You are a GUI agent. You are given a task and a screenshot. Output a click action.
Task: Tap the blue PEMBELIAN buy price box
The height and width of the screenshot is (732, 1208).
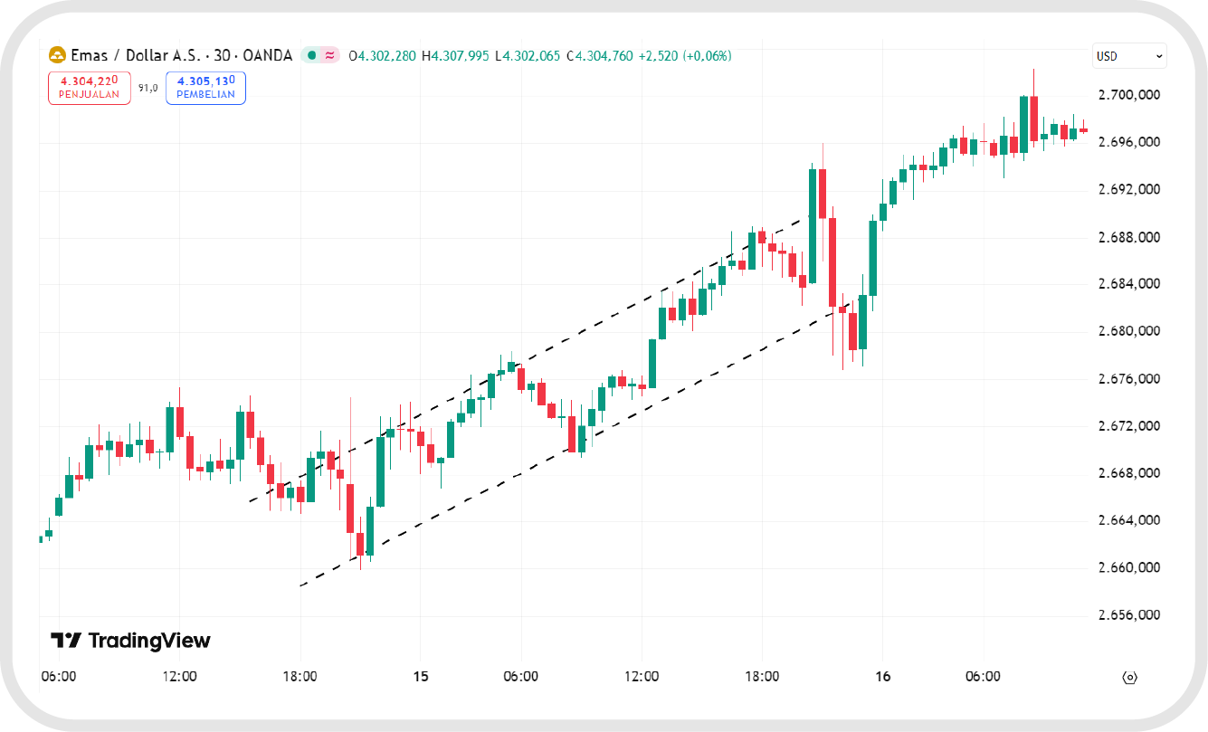point(205,87)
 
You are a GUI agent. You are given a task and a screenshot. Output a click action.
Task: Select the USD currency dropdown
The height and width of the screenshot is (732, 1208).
point(1128,56)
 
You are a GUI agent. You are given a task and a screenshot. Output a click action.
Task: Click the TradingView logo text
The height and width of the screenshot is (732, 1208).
point(131,641)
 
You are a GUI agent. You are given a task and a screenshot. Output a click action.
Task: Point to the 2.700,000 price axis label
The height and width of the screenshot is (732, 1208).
point(1127,95)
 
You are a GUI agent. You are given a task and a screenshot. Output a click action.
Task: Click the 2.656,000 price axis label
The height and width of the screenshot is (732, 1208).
point(1127,615)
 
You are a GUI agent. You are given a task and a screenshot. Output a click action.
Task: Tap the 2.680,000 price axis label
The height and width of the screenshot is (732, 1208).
point(1127,331)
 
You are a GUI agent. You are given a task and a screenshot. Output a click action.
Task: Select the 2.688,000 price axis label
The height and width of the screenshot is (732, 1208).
point(1127,237)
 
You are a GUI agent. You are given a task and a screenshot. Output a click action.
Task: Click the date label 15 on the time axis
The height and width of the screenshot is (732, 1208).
point(420,677)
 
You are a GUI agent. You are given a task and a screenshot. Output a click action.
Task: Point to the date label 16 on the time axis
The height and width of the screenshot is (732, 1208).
point(883,677)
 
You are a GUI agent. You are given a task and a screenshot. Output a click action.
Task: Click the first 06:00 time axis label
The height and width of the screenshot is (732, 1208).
point(60,677)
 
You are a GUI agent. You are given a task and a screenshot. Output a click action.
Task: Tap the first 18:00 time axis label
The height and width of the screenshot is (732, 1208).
point(300,677)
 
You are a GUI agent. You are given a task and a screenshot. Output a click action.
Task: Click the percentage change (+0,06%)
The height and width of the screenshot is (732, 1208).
point(705,56)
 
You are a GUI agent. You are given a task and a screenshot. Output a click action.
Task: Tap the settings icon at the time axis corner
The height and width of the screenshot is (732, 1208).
point(1128,677)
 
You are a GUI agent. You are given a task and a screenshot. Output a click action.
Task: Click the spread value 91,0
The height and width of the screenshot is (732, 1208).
point(147,88)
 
